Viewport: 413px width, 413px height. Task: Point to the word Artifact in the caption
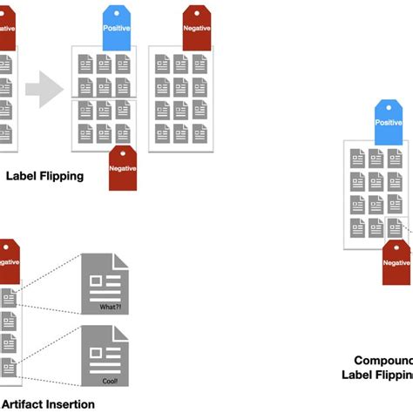click(x=26, y=403)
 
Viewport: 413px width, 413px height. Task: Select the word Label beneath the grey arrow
click(x=22, y=175)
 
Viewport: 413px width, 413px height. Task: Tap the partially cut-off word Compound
click(x=383, y=360)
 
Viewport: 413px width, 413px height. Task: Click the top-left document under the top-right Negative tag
click(x=163, y=64)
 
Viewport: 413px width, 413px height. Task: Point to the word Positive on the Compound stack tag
click(x=389, y=124)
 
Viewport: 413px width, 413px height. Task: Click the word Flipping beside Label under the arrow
click(x=63, y=175)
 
